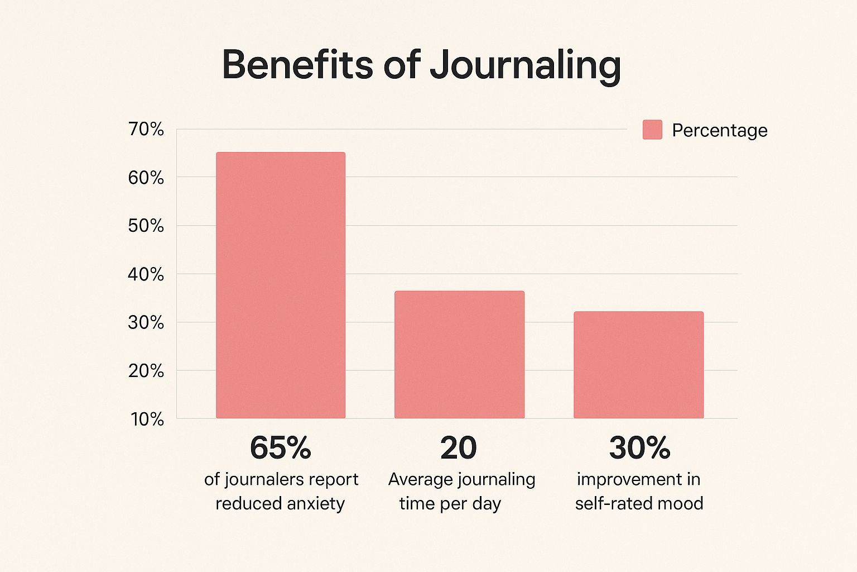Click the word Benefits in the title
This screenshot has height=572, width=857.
[x=297, y=65]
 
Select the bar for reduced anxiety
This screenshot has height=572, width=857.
[x=281, y=285]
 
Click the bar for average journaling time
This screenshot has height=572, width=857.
[x=459, y=354]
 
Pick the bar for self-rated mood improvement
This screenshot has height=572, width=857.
[x=638, y=364]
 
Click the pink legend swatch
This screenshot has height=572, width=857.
[x=652, y=130]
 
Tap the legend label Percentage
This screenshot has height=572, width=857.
[x=719, y=130]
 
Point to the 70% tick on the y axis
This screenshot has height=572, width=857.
[x=146, y=129]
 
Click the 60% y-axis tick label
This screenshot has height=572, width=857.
[x=146, y=178]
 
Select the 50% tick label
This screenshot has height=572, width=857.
[x=146, y=226]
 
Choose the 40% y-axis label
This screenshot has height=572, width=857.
[x=146, y=274]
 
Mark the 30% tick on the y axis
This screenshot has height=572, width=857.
[x=146, y=322]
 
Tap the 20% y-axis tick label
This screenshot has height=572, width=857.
[x=146, y=370]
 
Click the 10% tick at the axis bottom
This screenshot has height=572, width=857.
[x=147, y=419]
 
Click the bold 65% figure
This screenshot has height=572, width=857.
[x=280, y=447]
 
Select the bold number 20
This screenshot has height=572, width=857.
[x=458, y=447]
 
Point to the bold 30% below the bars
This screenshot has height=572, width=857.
[x=639, y=447]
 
